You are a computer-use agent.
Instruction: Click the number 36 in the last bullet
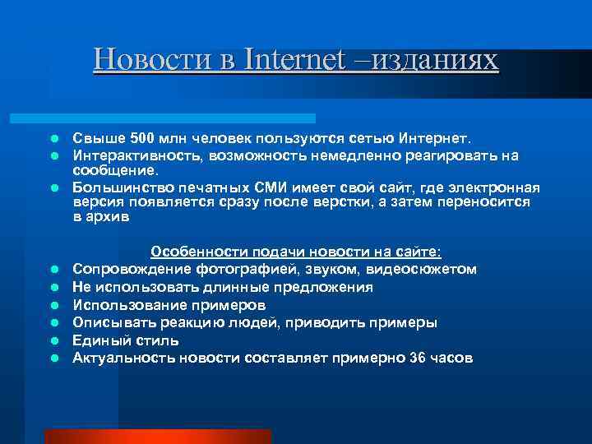point(418,358)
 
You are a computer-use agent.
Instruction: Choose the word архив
point(108,218)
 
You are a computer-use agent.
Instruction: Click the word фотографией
point(231,270)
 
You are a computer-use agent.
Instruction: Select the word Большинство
point(117,187)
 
